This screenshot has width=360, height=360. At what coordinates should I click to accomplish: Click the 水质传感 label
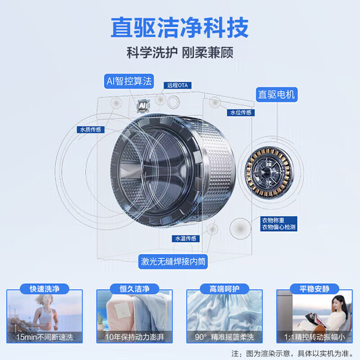click(91, 128)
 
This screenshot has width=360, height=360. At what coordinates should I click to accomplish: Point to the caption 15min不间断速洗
click(43, 336)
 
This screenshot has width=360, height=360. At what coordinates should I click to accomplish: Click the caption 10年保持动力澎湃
click(133, 336)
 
